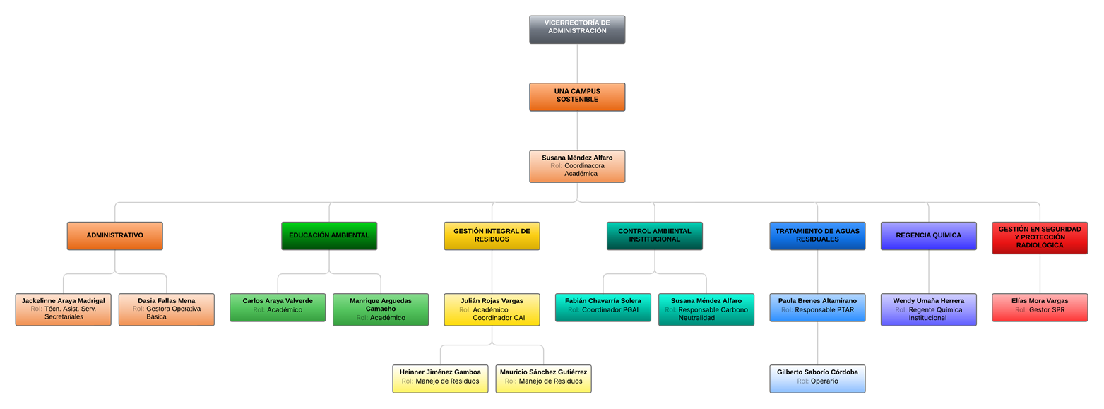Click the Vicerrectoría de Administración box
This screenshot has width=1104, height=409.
coord(577,30)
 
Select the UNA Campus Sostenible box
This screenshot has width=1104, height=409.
coord(577,97)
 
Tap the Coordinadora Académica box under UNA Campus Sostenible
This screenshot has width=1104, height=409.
coord(577,166)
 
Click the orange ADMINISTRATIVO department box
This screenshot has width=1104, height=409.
coord(114,236)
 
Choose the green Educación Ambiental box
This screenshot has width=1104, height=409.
coord(329,236)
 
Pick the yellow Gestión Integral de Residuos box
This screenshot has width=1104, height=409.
coord(492,236)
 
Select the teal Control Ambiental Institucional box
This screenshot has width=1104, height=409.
coord(654,236)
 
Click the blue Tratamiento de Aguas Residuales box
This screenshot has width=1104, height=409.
coord(817,236)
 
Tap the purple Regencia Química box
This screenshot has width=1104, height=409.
coord(928,236)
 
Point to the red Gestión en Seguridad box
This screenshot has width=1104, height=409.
coord(1040,238)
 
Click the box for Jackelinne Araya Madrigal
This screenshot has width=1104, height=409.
coord(63,309)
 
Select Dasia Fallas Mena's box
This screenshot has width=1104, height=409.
coord(166,309)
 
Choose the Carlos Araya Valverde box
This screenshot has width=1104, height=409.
coord(278,307)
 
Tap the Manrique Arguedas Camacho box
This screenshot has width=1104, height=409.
coord(381,309)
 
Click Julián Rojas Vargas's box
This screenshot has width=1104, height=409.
coord(492,309)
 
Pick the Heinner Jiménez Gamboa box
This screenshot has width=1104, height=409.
coord(440,378)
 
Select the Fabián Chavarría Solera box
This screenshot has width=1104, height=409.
coord(603,307)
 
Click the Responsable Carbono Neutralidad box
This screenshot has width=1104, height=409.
coord(706,309)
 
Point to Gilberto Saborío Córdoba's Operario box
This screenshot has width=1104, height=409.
coord(817,378)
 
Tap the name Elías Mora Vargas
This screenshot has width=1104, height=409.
coord(1040,301)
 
